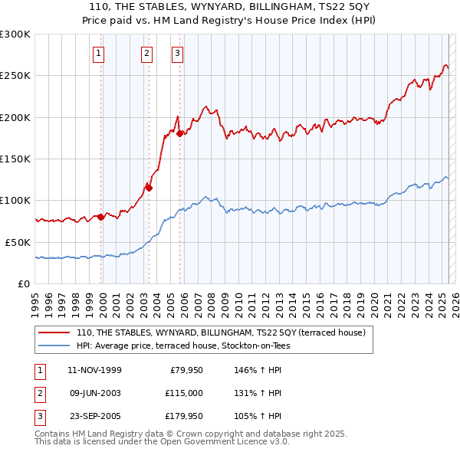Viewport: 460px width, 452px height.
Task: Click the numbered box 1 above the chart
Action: pyautogui.click(x=100, y=53)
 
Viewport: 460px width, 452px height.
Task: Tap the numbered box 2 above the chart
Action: pyautogui.click(x=146, y=53)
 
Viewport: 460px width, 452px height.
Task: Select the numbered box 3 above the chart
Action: pyautogui.click(x=177, y=53)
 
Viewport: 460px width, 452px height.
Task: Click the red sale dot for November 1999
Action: pyautogui.click(x=100, y=217)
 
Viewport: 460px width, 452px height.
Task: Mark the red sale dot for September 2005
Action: pyautogui.click(x=180, y=134)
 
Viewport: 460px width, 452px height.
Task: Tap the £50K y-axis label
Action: pyautogui.click(x=18, y=241)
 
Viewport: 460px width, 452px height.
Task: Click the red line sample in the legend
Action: pyautogui.click(x=54, y=332)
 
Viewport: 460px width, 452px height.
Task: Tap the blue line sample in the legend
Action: pyautogui.click(x=54, y=346)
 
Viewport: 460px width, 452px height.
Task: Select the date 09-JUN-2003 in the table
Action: pyautogui.click(x=94, y=393)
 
